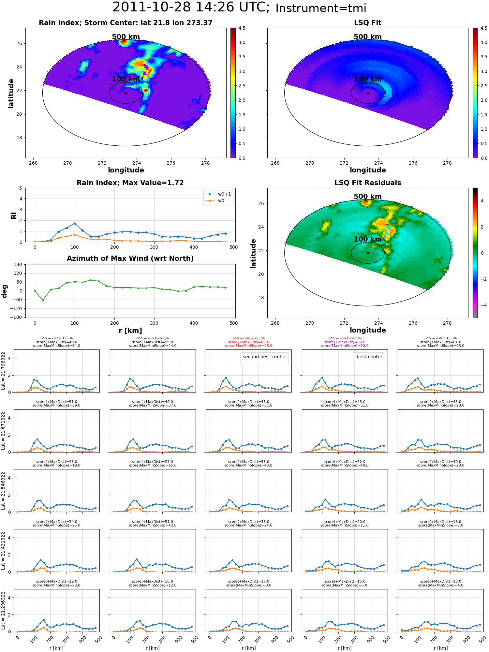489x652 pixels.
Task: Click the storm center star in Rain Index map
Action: tap(126, 93)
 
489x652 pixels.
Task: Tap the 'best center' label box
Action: tap(369, 357)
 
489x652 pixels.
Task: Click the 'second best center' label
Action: tap(264, 357)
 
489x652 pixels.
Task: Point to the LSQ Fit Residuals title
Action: tap(368, 183)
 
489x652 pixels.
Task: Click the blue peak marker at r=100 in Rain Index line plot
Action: tap(75, 224)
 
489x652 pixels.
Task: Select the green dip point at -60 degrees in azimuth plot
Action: tap(43, 300)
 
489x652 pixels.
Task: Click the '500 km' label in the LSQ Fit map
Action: tap(368, 37)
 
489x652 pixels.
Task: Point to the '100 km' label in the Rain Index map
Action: tap(126, 79)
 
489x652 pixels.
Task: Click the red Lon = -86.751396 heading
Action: tap(249, 338)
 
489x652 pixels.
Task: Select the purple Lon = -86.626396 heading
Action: tap(345, 338)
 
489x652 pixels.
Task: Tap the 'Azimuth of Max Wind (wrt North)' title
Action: tap(130, 259)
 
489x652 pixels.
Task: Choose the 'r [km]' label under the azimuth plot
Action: tap(130, 331)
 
